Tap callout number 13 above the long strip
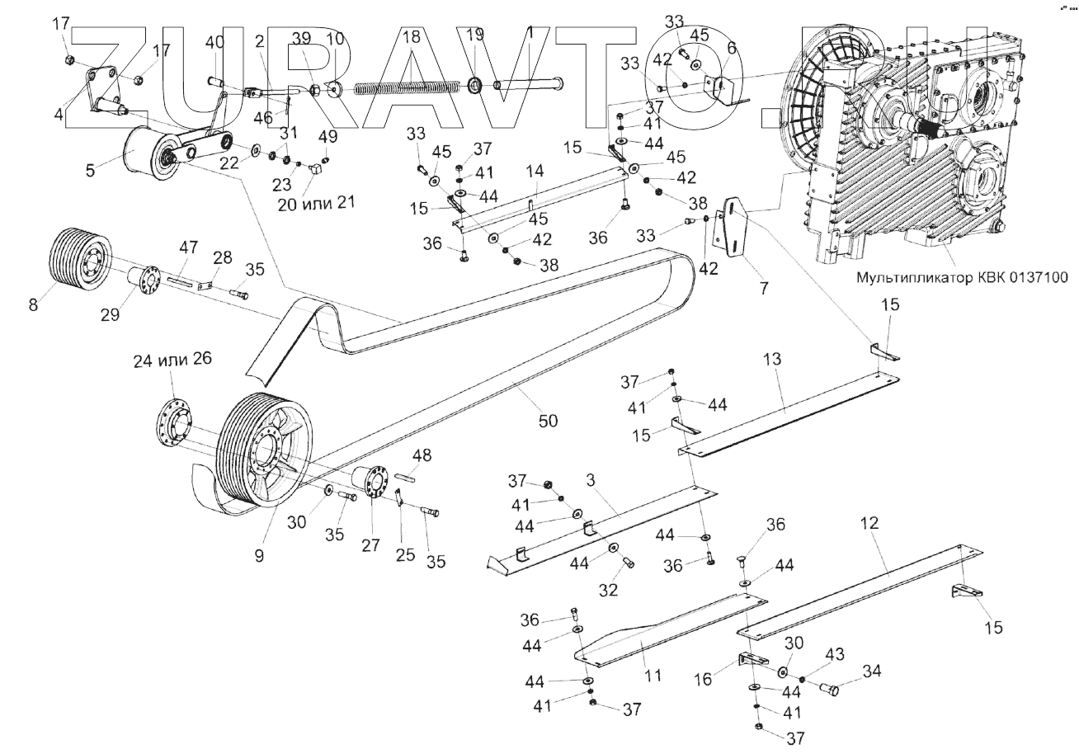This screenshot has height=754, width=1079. (x=771, y=361)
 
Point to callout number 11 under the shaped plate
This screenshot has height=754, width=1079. (x=653, y=676)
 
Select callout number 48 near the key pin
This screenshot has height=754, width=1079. (x=422, y=455)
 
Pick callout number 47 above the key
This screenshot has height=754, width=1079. (x=189, y=247)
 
